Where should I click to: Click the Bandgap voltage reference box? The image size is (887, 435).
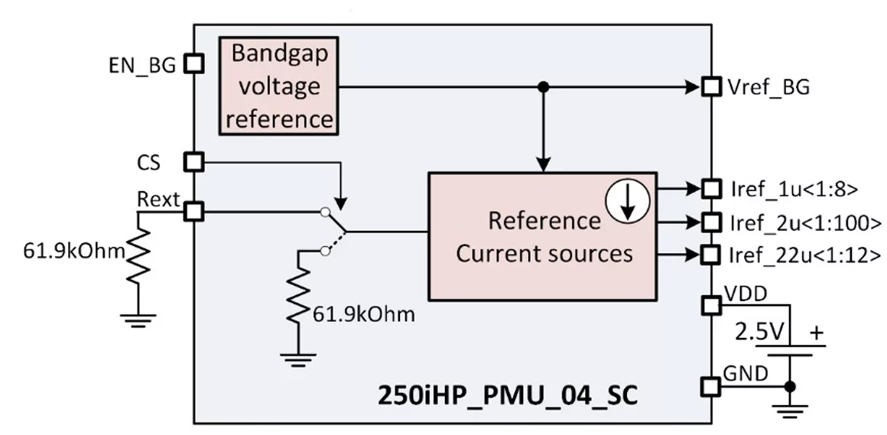pyautogui.click(x=279, y=86)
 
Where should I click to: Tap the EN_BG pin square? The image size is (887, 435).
pyautogui.click(x=194, y=63)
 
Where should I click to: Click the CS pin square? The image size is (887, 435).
pyautogui.click(x=194, y=162)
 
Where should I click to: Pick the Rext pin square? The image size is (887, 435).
pyautogui.click(x=194, y=211)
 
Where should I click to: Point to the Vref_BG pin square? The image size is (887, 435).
pyautogui.click(x=712, y=87)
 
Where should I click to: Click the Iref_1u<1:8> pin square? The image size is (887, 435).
pyautogui.click(x=712, y=188)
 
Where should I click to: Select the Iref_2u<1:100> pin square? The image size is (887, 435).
pyautogui.click(x=712, y=222)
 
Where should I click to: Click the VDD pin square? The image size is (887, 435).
pyautogui.click(x=712, y=306)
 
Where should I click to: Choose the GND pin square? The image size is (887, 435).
pyautogui.click(x=712, y=386)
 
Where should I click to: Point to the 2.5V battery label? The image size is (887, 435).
pyautogui.click(x=760, y=333)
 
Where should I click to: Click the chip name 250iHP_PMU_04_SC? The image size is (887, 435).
pyautogui.click(x=508, y=397)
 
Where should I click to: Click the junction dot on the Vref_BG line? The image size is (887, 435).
pyautogui.click(x=543, y=87)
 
